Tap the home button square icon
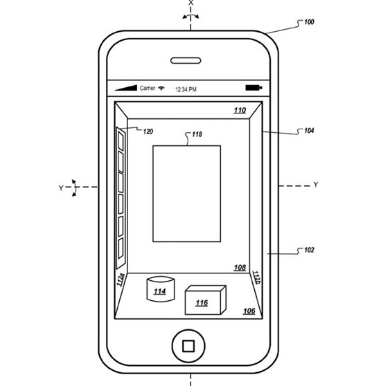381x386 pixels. click(x=188, y=346)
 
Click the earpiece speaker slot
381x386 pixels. click(x=186, y=61)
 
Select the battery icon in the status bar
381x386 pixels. click(x=254, y=88)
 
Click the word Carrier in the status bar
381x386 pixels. click(x=148, y=88)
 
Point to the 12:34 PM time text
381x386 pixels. click(x=186, y=89)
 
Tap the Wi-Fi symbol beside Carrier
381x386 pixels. click(x=161, y=88)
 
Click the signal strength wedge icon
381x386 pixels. click(x=126, y=88)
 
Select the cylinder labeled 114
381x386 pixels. click(x=161, y=289)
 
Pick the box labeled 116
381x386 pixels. click(x=206, y=300)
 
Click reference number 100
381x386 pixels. click(x=309, y=22)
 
